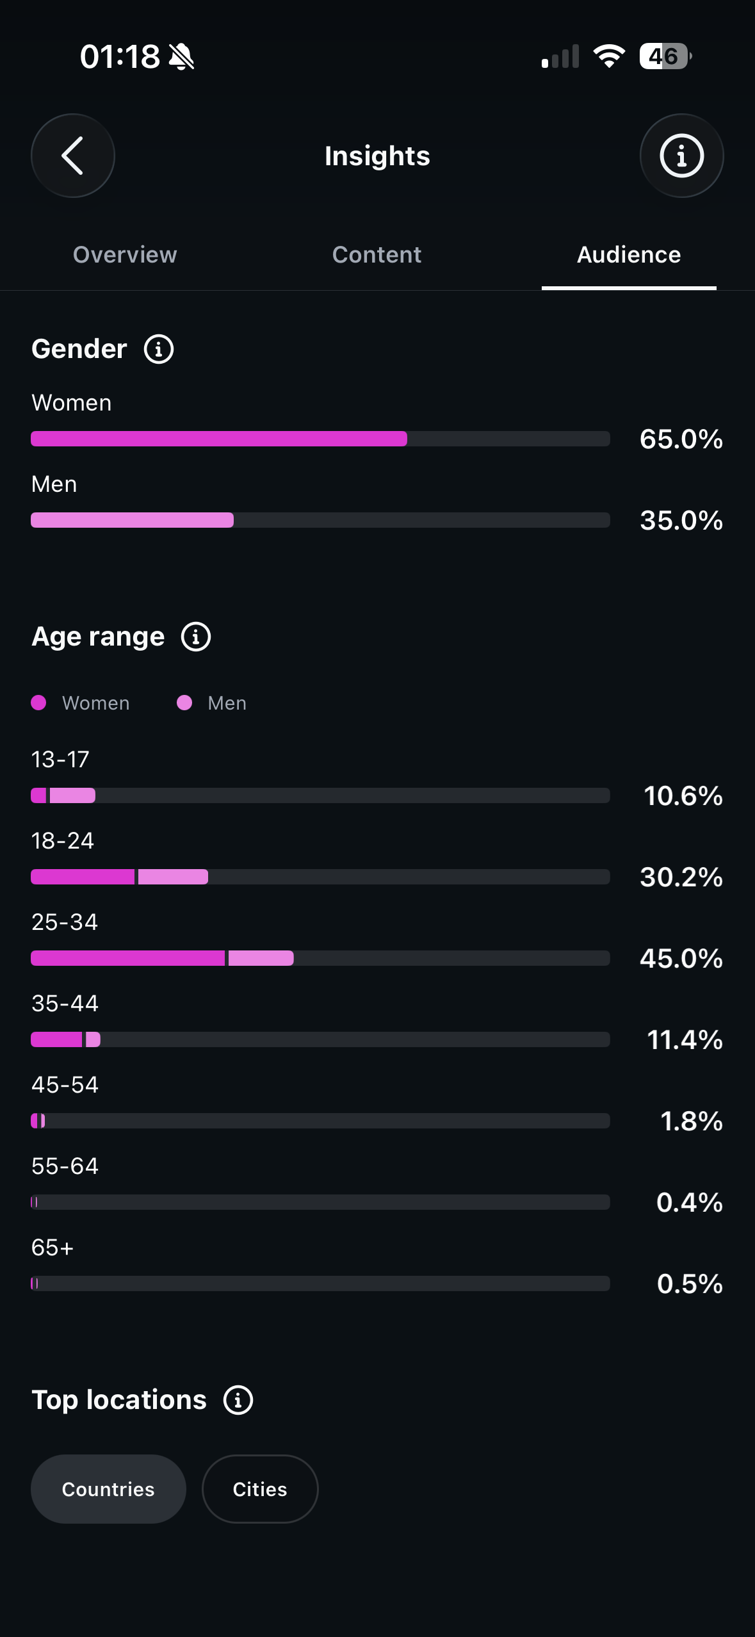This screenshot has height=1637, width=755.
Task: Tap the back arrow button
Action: coord(73,156)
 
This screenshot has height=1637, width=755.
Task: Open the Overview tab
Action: coord(125,254)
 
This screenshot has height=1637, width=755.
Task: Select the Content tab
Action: coord(377,254)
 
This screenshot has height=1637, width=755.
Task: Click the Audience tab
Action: coord(629,254)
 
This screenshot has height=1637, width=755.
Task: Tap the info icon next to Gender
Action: coord(159,349)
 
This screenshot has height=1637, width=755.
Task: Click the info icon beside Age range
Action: coord(196,637)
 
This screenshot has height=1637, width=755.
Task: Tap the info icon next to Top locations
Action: coord(238,1400)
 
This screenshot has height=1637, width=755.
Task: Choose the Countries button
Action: coord(108,1489)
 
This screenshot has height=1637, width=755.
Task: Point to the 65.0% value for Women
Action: coord(681,439)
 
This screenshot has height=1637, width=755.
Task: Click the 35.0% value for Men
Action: coord(681,521)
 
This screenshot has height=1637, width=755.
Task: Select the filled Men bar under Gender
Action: coord(133,520)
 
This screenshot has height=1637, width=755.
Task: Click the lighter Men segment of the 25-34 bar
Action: coord(261,958)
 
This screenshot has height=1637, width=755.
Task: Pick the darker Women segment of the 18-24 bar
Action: coord(83,877)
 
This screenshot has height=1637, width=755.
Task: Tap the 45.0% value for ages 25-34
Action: coord(681,959)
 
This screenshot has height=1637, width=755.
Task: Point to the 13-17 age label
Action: coord(60,760)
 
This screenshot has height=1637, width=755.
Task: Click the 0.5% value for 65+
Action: coord(690,1284)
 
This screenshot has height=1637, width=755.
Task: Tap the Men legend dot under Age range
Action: coord(184,703)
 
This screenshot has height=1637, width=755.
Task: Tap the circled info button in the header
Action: coord(682,156)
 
